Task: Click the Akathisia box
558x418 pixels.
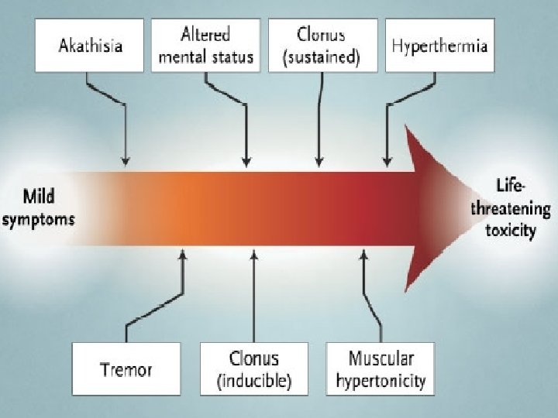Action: (x=89, y=46)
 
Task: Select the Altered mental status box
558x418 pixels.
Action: (x=206, y=46)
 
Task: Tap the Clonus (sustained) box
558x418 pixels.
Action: (x=321, y=46)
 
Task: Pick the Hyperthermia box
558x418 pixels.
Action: (x=439, y=46)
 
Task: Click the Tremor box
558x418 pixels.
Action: (x=126, y=368)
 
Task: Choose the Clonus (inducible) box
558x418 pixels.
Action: (x=253, y=368)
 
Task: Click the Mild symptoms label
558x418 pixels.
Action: (x=39, y=207)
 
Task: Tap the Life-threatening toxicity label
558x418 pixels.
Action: (x=522, y=208)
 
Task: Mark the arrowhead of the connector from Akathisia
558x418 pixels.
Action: (x=124, y=162)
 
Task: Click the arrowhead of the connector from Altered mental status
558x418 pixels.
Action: (x=246, y=162)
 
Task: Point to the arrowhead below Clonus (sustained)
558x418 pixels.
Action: (x=319, y=162)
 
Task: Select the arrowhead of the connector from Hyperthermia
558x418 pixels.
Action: (x=387, y=162)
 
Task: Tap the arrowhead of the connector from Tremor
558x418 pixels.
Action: (x=183, y=253)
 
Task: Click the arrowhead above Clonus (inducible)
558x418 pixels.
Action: (x=253, y=253)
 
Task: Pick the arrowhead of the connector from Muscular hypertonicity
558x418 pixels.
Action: (x=363, y=253)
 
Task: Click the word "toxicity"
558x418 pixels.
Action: (x=515, y=230)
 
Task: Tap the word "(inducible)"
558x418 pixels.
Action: (x=253, y=380)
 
